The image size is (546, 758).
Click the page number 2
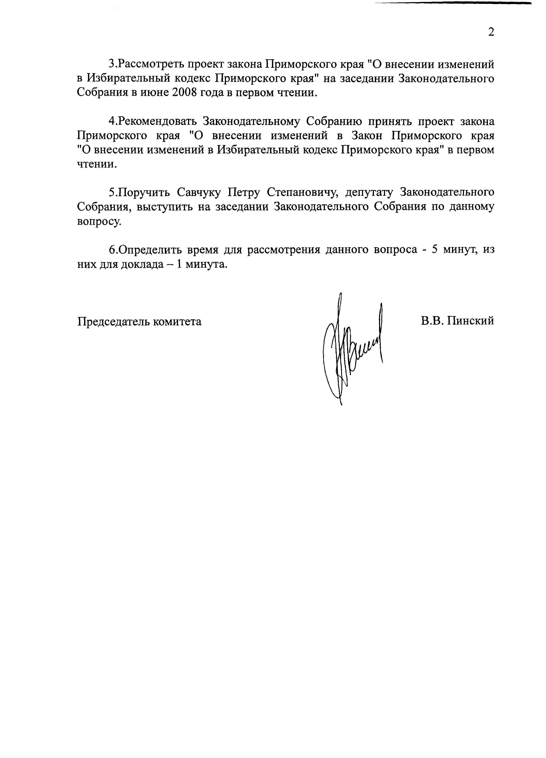pyautogui.click(x=491, y=32)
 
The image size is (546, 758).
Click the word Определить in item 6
pyautogui.click(x=149, y=250)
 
